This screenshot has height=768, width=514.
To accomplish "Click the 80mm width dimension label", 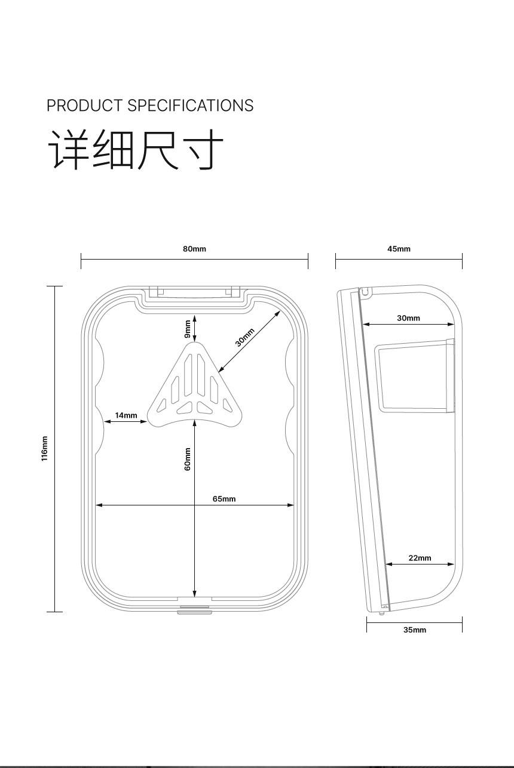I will tap(194, 249).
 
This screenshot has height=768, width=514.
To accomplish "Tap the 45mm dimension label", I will tap(399, 249).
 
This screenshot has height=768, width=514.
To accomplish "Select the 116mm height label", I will tap(44, 448).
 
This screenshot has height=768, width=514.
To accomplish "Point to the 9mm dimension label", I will tap(187, 329).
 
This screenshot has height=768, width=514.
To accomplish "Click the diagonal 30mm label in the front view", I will tap(244, 337).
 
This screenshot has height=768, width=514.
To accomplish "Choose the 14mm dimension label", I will tap(126, 415).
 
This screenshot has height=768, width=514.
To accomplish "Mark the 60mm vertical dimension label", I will tap(187, 459).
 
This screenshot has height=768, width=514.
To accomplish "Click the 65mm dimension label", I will tap(224, 499).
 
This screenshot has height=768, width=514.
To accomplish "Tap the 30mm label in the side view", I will tap(408, 318).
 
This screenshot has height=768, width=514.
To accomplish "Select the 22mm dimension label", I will tap(420, 558).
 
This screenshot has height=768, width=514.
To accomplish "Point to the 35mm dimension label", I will tap(415, 630).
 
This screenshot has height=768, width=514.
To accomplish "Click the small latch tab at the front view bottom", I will tap(194, 609).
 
